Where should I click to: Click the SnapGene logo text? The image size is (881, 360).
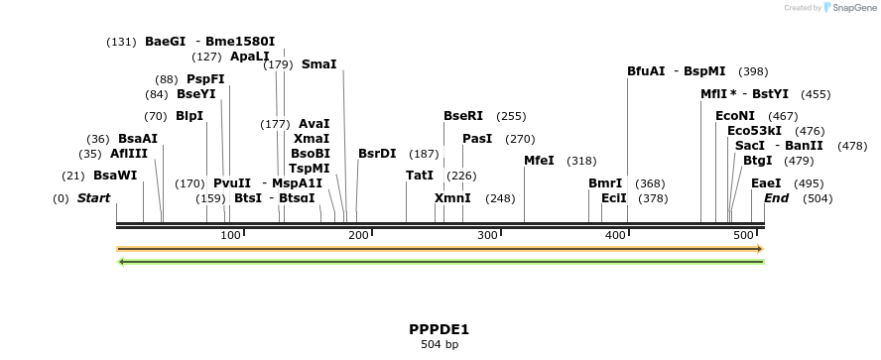coord(852,8)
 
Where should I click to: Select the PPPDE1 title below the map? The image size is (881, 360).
coord(439,329)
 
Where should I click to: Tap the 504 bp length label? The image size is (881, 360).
coord(439,345)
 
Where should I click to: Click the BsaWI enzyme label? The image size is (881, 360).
coord(115,176)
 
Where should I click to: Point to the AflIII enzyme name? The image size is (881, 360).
coord(101,154)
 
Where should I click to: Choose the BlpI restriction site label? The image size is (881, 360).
coord(189,115)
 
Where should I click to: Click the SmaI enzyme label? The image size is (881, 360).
coord(319,64)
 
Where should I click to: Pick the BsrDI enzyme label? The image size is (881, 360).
coord(377,154)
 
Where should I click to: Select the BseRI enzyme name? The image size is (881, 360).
coord(463,115)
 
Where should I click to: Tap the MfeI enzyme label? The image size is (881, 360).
coord(539,161)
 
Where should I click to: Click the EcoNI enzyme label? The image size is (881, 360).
coord(735,115)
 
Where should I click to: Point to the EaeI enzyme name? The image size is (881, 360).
coord(766,182)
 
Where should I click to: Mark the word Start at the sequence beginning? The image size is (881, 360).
coord(93,198)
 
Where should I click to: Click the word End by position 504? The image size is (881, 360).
coord(777,198)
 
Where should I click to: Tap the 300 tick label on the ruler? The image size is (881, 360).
coord(487,235)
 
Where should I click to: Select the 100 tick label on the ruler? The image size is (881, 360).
coord(230,235)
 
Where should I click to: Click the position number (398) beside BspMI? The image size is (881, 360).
coord(753,71)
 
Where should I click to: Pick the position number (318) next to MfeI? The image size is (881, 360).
coord(581,161)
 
